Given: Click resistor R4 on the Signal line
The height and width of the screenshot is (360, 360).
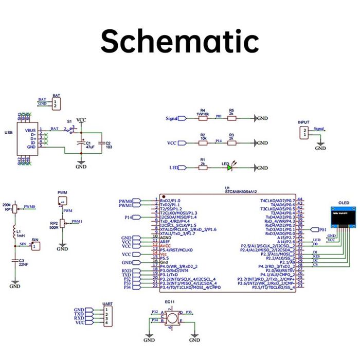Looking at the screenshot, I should click(203, 118).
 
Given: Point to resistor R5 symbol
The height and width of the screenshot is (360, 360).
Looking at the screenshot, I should click(232, 118).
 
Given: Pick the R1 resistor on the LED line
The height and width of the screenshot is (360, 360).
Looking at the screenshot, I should click(203, 168).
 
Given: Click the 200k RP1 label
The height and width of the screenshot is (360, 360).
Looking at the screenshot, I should click(7, 207).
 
